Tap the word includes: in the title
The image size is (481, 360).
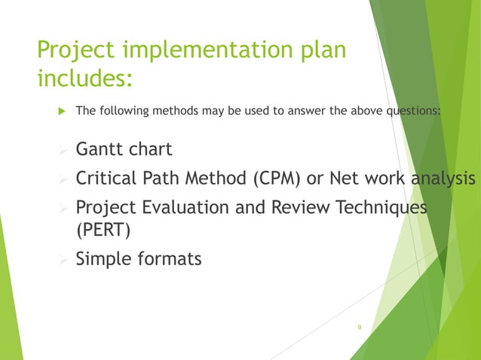pyautogui.click(x=85, y=78)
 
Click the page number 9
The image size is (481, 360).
pyautogui.click(x=360, y=326)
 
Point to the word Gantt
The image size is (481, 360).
pyautogui.click(x=100, y=149)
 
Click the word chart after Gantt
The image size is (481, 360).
pyautogui.click(x=151, y=149)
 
